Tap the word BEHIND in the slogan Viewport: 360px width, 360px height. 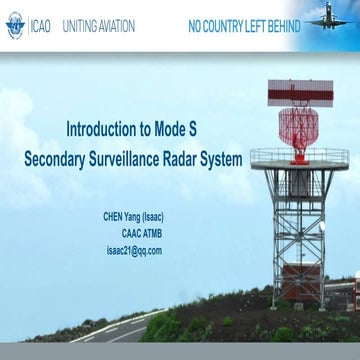coord(280,24)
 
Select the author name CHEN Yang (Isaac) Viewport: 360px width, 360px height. coord(132,217)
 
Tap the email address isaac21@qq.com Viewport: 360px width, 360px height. coord(133,250)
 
